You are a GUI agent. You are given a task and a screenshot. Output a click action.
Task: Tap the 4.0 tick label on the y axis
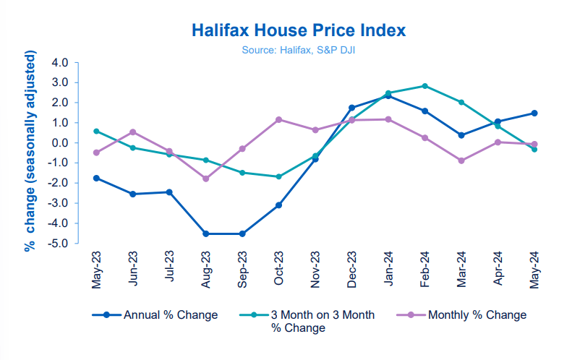[59, 62]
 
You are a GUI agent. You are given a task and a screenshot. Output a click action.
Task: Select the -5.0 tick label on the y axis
[58, 244]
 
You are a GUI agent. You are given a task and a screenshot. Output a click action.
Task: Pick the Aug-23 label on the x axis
[207, 270]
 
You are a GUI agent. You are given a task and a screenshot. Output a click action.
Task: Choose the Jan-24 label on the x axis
[389, 270]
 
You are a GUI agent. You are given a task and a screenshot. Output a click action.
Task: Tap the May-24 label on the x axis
[535, 270]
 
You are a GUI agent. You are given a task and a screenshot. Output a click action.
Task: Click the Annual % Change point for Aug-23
[206, 233]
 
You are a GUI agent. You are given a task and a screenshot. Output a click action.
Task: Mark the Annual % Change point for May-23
[96, 178]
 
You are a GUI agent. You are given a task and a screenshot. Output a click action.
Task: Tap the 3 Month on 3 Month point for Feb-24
[425, 86]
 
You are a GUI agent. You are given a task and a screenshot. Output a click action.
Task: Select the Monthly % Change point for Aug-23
[206, 179]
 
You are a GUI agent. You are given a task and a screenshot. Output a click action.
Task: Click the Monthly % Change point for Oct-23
[278, 119]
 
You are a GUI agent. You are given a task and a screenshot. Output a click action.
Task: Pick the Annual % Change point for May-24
[534, 113]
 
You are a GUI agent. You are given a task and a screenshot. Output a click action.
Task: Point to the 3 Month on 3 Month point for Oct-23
[278, 176]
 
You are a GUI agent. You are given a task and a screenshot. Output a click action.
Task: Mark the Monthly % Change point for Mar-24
[461, 160]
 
